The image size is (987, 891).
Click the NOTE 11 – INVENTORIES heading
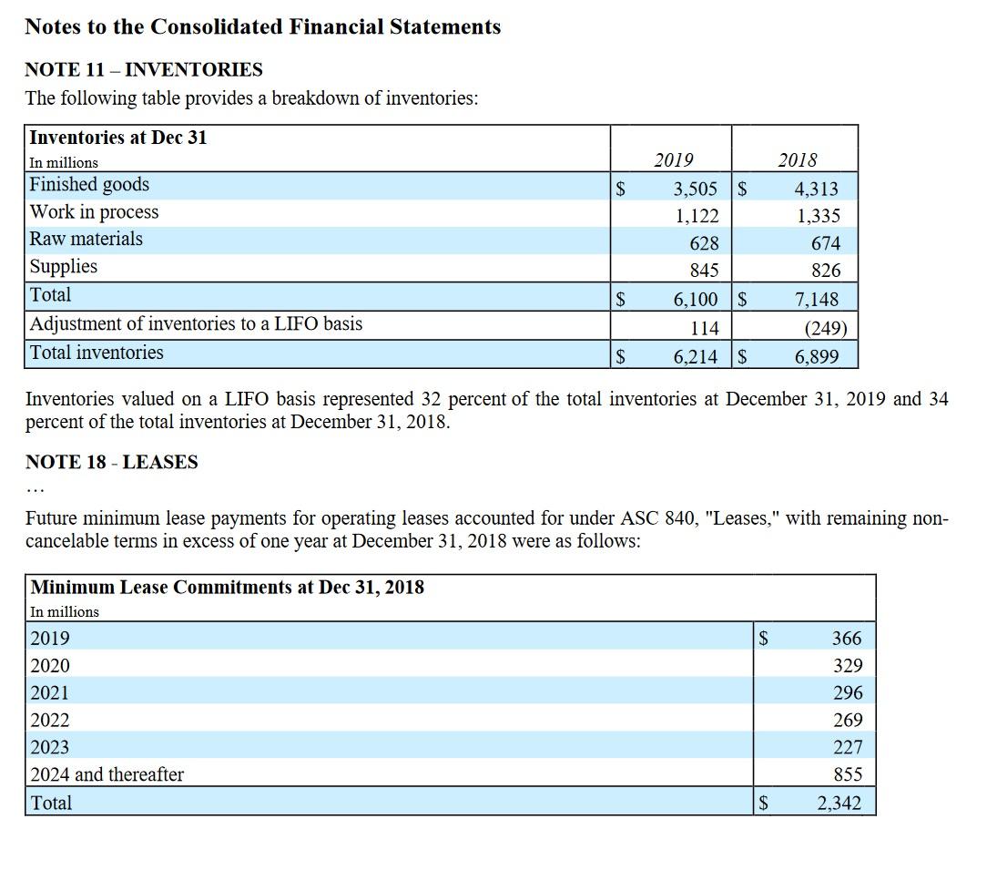[x=143, y=70]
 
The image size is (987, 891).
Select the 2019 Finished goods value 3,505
[x=696, y=189]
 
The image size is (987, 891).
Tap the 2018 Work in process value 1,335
[x=818, y=216]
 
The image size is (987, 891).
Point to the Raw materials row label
[x=86, y=239]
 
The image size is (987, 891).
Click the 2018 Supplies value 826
[x=825, y=271]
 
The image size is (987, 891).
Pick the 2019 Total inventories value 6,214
[x=696, y=357]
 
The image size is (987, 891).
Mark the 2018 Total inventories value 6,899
[x=817, y=357]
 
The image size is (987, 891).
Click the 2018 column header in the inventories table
[x=798, y=160]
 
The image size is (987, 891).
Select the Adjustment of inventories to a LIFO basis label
[x=196, y=323]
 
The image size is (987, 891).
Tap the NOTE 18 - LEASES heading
[x=111, y=462]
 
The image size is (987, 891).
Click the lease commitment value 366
[x=847, y=639]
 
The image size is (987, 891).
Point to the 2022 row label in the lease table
[x=50, y=720]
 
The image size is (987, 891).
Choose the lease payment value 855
[x=847, y=774]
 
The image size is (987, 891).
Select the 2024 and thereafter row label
[x=107, y=774]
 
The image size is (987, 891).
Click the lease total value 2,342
[x=839, y=804]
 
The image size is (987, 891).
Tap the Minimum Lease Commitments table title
[x=227, y=587]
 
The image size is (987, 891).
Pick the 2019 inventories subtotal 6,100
[x=696, y=299]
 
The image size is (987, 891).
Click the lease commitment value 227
[x=847, y=747]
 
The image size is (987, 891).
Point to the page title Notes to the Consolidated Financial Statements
[x=262, y=27]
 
